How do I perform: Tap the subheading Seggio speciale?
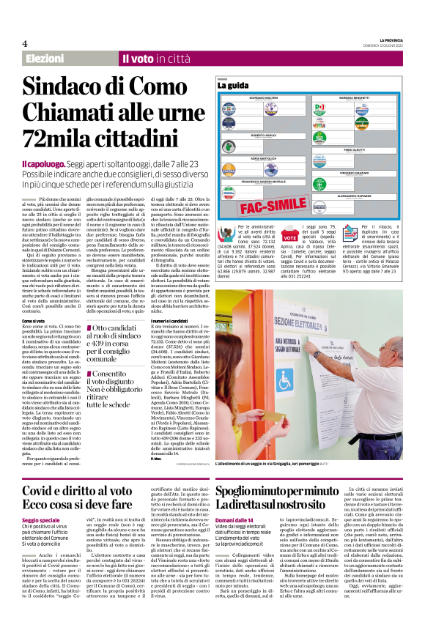pos(43,519)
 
